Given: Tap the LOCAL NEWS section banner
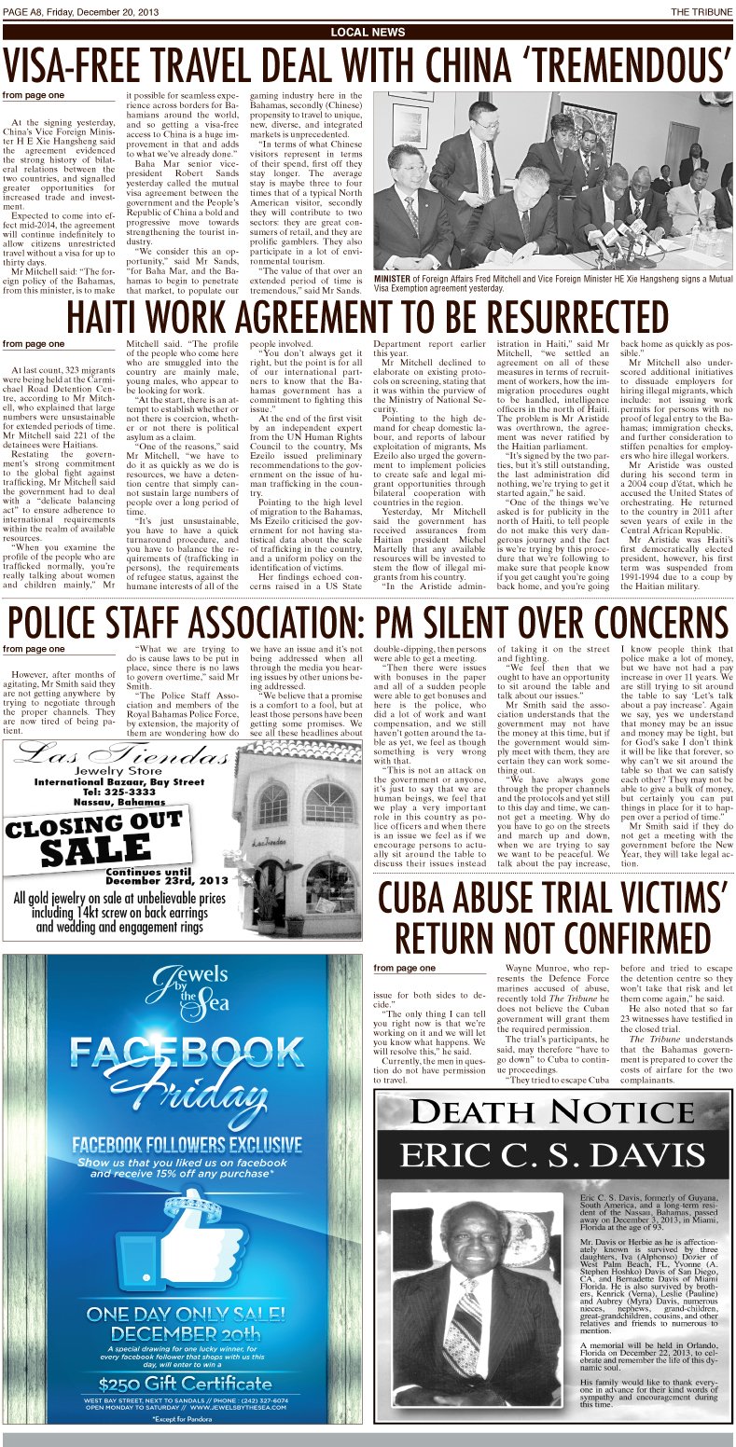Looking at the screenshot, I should (x=368, y=32).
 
